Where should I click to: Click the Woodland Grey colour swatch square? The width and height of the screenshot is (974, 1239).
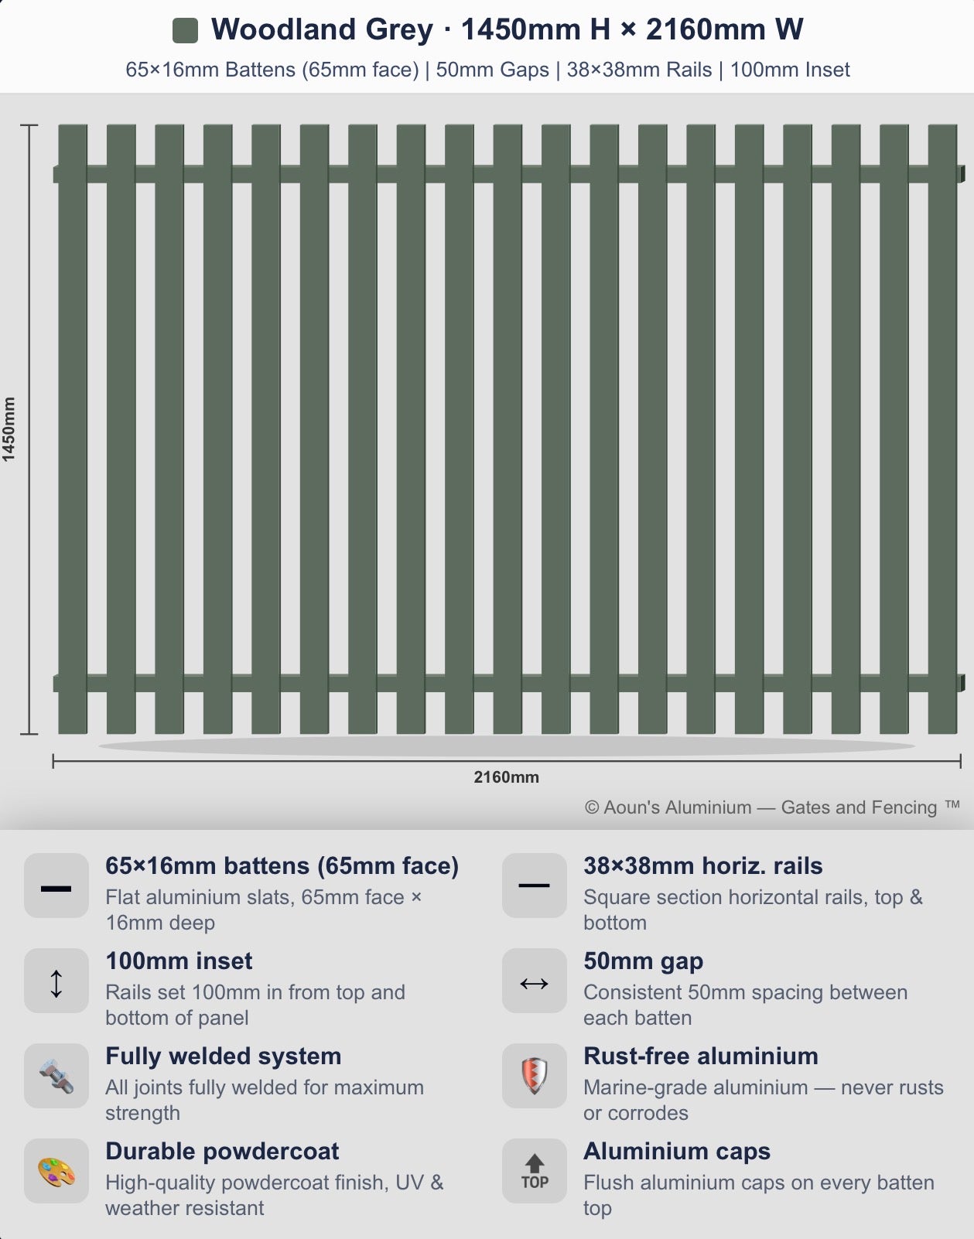pos(186,30)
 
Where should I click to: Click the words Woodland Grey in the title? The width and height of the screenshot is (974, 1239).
pos(322,29)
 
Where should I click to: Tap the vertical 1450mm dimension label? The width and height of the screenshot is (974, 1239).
pos(9,429)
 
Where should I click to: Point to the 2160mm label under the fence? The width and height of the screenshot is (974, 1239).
pos(507,777)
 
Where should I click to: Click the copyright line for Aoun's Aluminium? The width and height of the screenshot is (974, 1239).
pos(772,807)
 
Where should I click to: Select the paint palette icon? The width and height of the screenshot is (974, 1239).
pos(56,1172)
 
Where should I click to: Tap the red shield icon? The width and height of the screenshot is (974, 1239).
pos(535,1076)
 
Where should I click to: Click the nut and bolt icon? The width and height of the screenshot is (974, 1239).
pos(56,1076)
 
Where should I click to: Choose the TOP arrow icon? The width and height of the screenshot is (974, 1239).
pos(535,1172)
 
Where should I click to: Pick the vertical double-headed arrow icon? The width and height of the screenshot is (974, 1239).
pos(56,984)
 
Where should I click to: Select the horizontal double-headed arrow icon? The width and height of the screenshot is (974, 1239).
pos(535,984)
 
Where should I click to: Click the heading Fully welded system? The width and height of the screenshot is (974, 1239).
pos(224,1056)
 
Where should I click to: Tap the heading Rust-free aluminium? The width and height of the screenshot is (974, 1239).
pos(701,1056)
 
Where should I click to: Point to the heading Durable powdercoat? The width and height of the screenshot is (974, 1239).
pos(222,1152)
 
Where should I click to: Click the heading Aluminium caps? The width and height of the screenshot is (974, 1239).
pos(677,1152)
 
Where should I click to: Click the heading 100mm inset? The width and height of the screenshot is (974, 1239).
pos(179,961)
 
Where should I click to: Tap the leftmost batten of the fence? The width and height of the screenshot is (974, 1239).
pos(73,428)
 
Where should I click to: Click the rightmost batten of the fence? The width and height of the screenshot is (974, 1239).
pos(942,428)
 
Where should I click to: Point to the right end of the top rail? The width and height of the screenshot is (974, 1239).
pos(962,174)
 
